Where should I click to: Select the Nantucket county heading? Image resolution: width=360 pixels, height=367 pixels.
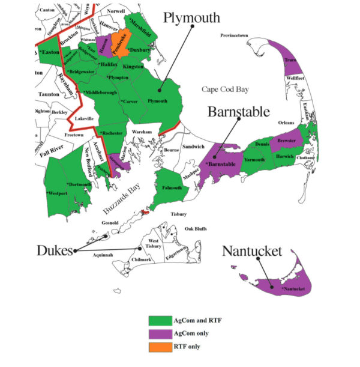pyautogui.click(x=252, y=251)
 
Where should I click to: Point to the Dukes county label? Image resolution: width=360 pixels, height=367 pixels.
pyautogui.click(x=52, y=250)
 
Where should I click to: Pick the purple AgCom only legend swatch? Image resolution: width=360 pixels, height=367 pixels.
pyautogui.click(x=158, y=333)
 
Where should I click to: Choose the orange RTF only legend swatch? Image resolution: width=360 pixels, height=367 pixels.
pyautogui.click(x=158, y=346)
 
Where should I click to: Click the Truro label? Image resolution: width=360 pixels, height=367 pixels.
pyautogui.click(x=290, y=59)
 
